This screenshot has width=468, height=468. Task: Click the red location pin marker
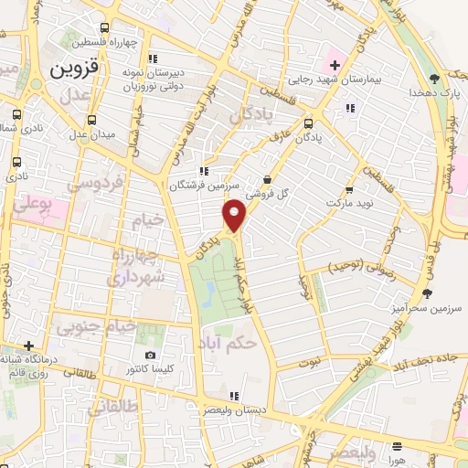point(235,215)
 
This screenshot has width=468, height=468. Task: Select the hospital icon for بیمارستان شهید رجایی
point(335,65)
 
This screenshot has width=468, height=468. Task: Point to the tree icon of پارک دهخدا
point(433,79)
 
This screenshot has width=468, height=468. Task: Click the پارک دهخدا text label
point(433,93)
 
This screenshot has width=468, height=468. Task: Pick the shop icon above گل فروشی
point(266,179)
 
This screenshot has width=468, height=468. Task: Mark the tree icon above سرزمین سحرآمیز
point(426,293)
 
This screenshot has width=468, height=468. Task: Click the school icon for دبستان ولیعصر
point(235,396)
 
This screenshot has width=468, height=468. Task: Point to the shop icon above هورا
point(397,447)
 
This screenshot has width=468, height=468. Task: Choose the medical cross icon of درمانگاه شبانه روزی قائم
point(30,346)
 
